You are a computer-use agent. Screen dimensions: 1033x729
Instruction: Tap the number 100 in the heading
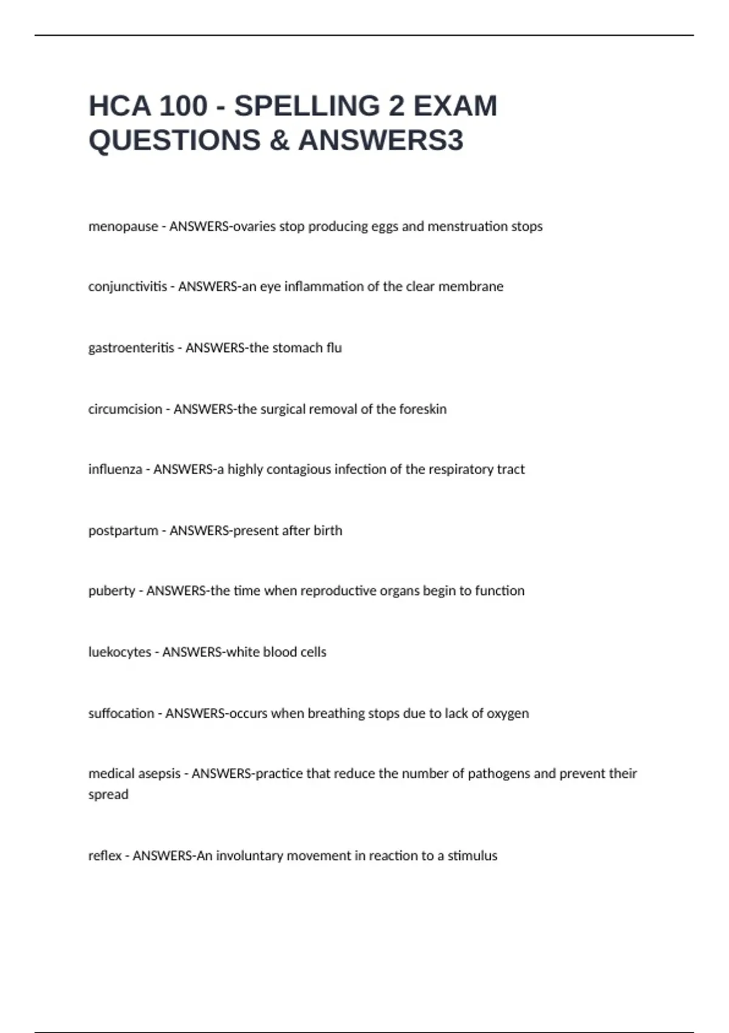182,106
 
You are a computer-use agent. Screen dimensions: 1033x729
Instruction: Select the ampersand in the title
279,140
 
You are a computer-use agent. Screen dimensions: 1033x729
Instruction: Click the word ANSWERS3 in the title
381,140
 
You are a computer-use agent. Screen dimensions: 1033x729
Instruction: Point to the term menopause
123,227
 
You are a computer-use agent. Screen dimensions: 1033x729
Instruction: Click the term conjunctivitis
128,287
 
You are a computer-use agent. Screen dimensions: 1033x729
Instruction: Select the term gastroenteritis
131,348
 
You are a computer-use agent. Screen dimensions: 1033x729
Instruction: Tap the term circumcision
125,409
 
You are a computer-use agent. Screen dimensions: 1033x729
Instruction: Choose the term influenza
115,469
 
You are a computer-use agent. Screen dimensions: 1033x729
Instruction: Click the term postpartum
123,530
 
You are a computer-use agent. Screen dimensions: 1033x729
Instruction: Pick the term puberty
112,591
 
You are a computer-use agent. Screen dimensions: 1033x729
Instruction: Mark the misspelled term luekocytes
120,652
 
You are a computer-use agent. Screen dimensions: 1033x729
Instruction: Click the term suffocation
121,713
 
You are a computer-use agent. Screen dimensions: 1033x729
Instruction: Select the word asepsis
160,774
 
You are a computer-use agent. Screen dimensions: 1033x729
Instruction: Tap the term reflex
105,856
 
